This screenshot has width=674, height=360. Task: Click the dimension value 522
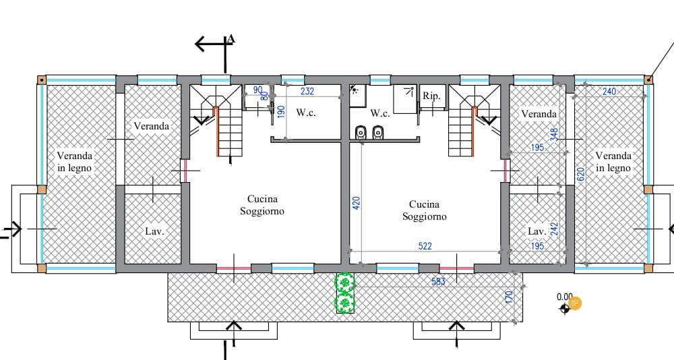coord(425,246)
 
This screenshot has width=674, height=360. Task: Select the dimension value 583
coord(438,282)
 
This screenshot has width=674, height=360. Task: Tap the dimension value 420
coord(357,203)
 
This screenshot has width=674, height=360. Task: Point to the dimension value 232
coord(307,91)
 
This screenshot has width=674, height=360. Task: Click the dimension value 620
coord(580,174)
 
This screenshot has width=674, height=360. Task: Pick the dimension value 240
coord(609,92)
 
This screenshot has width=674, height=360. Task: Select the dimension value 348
coord(554,135)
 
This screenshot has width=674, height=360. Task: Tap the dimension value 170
coord(510,297)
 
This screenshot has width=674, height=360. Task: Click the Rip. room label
coord(431,96)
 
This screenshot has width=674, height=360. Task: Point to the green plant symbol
coord(344,293)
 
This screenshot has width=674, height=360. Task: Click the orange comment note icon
coord(575,303)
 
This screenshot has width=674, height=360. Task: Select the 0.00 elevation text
coord(564,297)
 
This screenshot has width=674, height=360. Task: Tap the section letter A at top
coord(231,40)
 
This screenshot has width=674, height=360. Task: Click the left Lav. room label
coord(155,231)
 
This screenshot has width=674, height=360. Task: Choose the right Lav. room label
coord(537,231)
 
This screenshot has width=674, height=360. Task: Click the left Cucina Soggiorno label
coord(262,205)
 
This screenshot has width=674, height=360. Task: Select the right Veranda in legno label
coord(613,162)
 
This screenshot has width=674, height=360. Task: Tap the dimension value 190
coord(281,112)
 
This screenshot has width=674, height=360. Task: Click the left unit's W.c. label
coord(306,113)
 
